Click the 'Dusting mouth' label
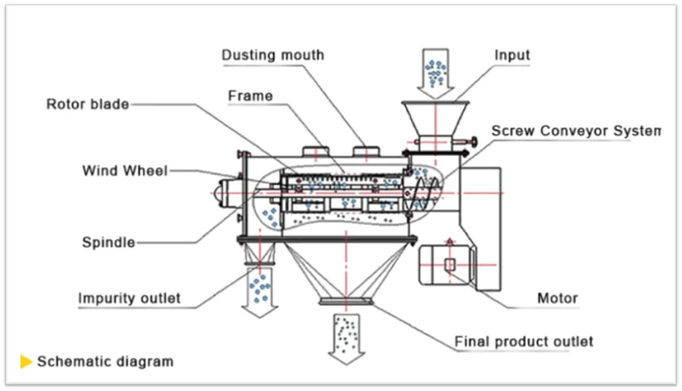(x=272, y=56)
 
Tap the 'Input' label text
(x=512, y=56)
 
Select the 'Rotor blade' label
(x=88, y=104)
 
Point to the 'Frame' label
(x=250, y=96)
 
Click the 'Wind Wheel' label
(x=125, y=170)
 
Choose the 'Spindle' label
(x=109, y=243)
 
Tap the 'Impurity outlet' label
(x=129, y=298)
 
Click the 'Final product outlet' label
(x=524, y=342)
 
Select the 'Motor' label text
(x=558, y=298)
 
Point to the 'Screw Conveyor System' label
(x=576, y=131)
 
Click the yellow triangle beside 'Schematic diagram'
(x=27, y=361)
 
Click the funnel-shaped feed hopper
(x=435, y=119)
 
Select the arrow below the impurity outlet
(x=260, y=292)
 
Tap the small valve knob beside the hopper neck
(x=473, y=141)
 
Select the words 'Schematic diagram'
(x=105, y=361)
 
